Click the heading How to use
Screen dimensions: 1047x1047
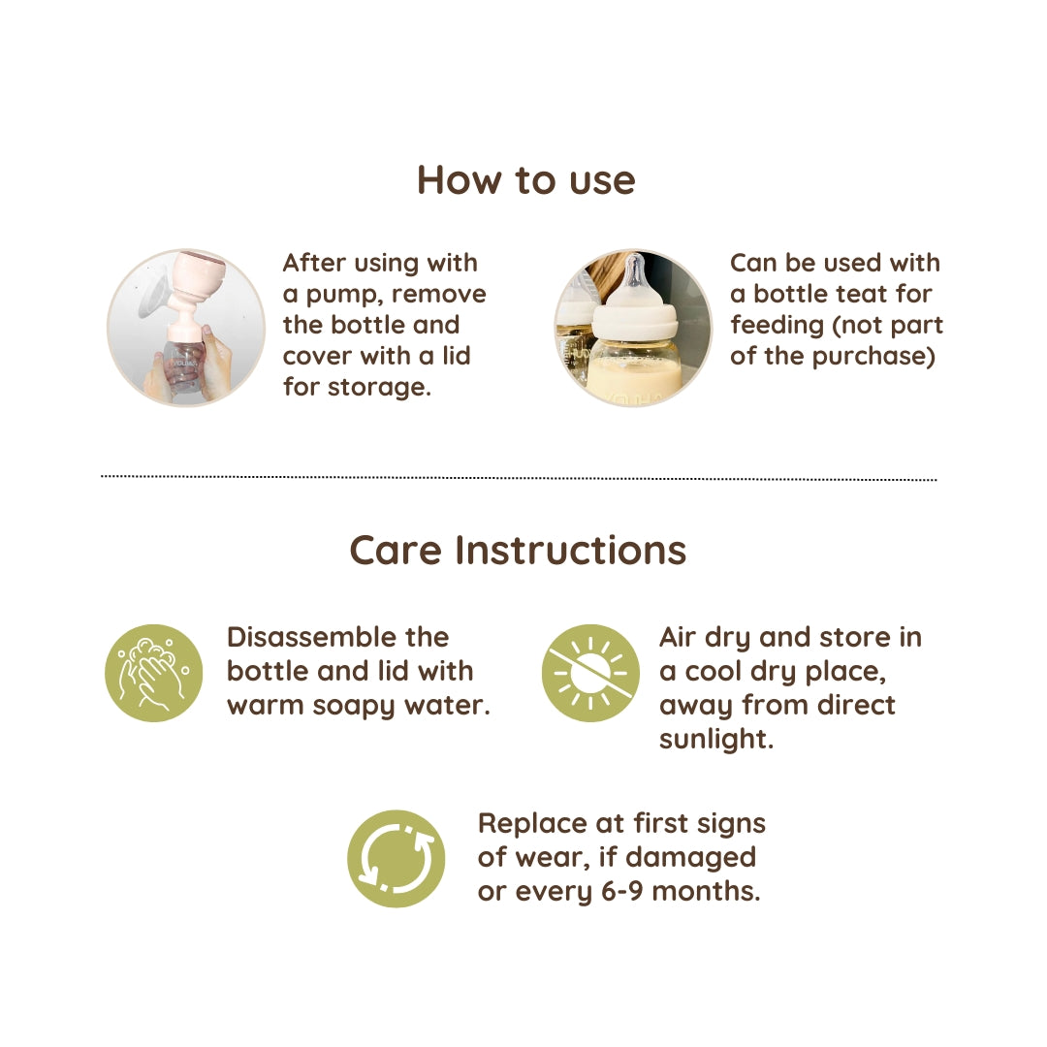pos(526,180)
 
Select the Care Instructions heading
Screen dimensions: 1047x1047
pos(518,551)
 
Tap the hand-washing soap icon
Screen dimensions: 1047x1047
pos(153,673)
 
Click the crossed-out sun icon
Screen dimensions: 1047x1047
pos(590,673)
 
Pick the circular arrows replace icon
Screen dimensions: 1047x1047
pos(396,859)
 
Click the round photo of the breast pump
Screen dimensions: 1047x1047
pos(186,328)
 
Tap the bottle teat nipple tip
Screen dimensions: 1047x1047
pos(635,262)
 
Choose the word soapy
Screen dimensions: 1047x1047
pos(354,707)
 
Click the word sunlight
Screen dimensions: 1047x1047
pos(715,739)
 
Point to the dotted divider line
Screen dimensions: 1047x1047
pos(519,478)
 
